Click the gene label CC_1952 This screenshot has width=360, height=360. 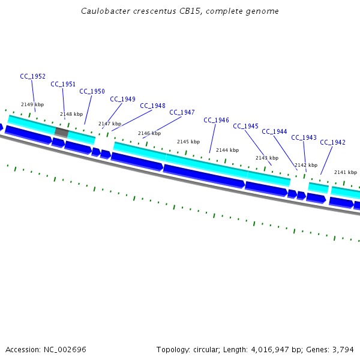point(32,76)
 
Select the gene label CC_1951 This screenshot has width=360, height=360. point(63,85)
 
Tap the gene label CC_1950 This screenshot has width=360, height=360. point(92,92)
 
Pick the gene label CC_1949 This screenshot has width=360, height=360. point(122,100)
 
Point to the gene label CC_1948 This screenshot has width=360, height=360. point(152,106)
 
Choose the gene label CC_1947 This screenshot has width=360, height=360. point(182,113)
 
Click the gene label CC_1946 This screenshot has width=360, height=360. point(216,121)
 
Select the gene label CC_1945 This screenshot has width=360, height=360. point(245,127)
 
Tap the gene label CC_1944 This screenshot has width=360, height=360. point(274,132)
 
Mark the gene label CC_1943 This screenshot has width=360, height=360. point(304,138)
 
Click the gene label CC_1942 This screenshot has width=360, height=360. point(332,143)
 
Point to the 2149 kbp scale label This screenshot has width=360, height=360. point(32,104)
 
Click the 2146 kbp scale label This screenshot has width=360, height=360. point(149,133)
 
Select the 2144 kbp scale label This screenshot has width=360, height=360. point(227,150)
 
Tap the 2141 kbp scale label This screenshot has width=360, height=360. point(345,172)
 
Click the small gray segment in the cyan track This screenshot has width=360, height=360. point(61,131)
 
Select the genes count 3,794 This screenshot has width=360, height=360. point(344,349)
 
